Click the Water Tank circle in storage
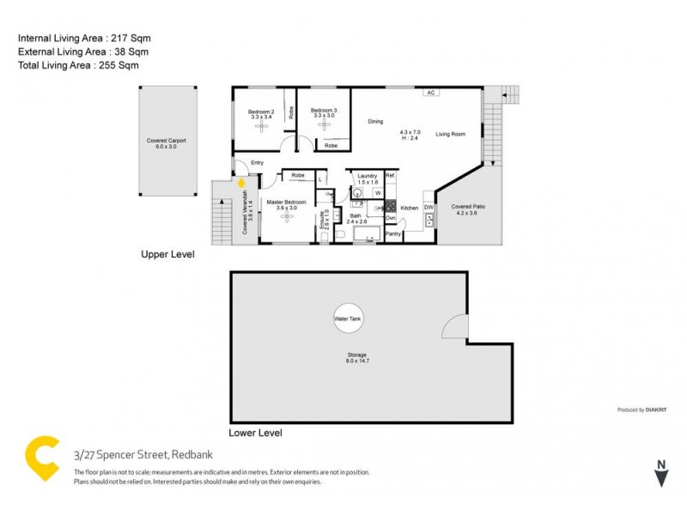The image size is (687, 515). click(348, 318)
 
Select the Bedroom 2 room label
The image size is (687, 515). click(261, 112)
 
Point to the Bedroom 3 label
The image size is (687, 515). click(324, 111)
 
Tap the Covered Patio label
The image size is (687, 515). click(468, 207)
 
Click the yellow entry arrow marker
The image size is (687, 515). click(241, 181)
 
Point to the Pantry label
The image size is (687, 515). click(393, 233)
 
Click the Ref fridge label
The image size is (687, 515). click(389, 175)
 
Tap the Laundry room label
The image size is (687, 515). click(368, 176)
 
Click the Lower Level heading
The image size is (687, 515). click(255, 433)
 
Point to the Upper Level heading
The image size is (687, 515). click(168, 255)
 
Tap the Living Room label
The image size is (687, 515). click(450, 134)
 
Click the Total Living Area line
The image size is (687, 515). click(78, 64)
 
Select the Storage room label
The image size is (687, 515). click(357, 354)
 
